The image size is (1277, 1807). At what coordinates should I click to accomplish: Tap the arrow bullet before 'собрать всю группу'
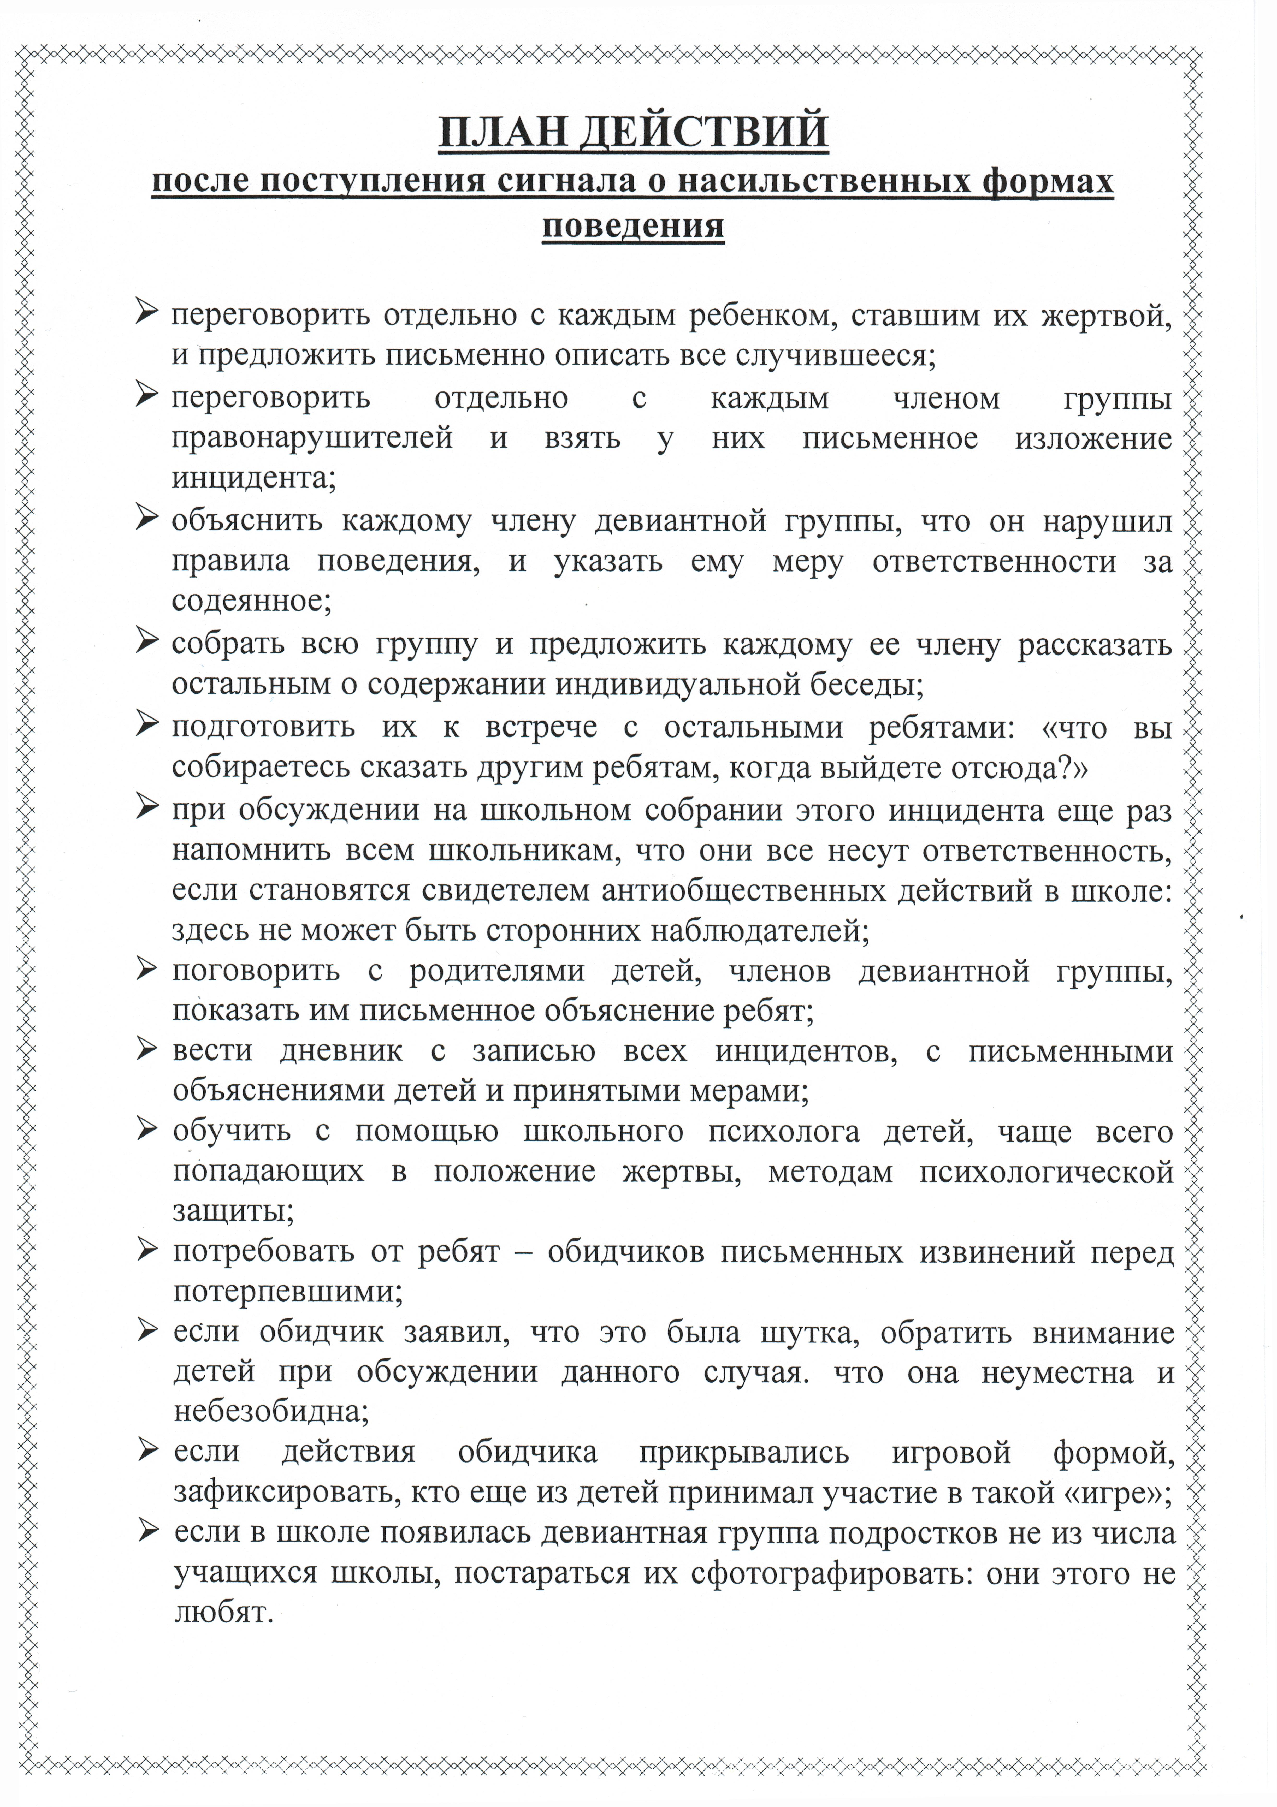point(147,641)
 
